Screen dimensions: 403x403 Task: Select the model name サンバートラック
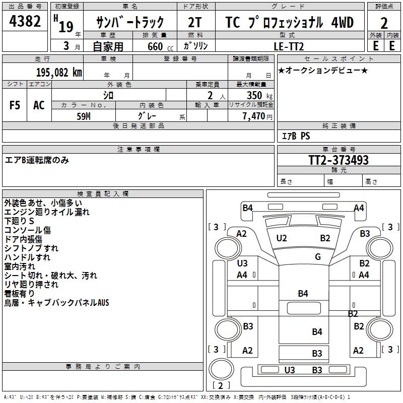tap(130, 23)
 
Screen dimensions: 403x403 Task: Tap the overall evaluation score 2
tap(384, 23)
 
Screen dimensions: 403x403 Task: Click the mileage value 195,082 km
tap(59, 72)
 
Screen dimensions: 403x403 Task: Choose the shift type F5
tap(15, 105)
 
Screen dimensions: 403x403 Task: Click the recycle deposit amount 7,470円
tap(255, 116)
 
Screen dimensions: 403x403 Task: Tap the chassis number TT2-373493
tap(338, 160)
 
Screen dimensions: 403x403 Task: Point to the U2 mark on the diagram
tap(282, 238)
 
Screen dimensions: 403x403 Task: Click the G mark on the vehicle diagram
tap(318, 257)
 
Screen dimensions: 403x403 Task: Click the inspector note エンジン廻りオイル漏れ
tap(47, 212)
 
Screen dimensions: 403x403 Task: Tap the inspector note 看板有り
tap(20, 294)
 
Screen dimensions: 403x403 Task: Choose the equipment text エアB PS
tap(296, 136)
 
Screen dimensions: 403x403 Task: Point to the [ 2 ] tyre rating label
tap(218, 386)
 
